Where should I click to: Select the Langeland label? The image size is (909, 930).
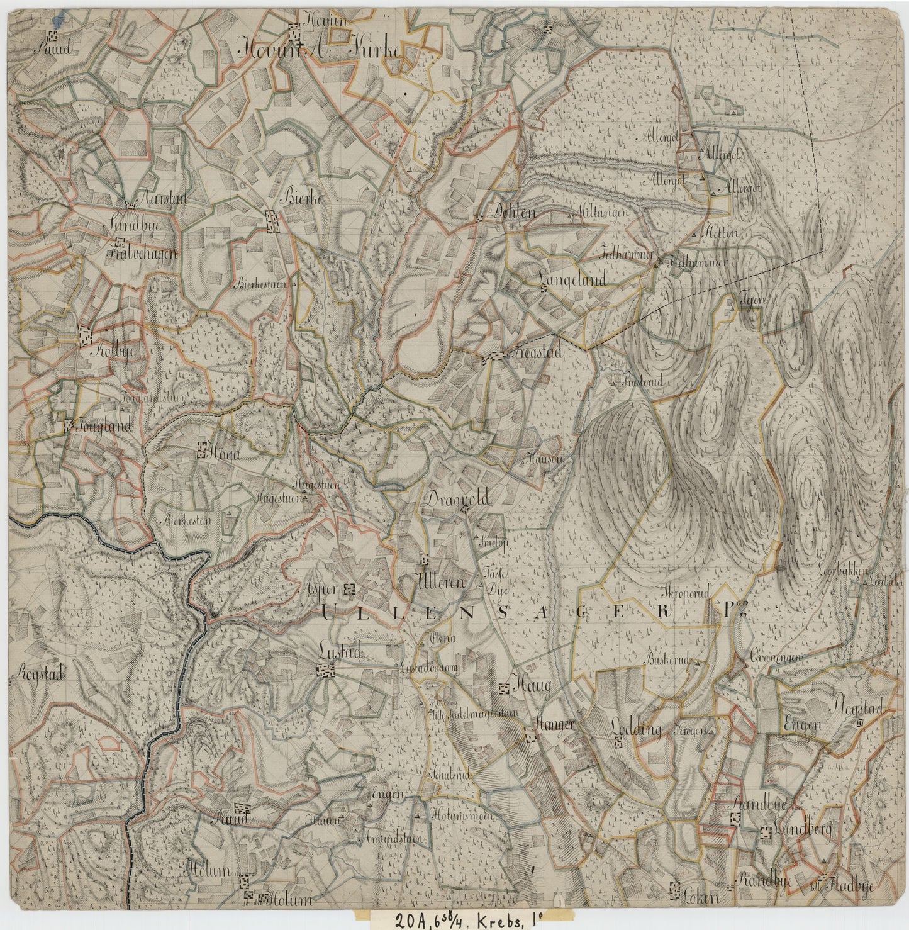[x=572, y=279]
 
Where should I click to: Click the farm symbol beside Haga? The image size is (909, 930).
[x=202, y=449]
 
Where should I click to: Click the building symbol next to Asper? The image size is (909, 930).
[x=350, y=590]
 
